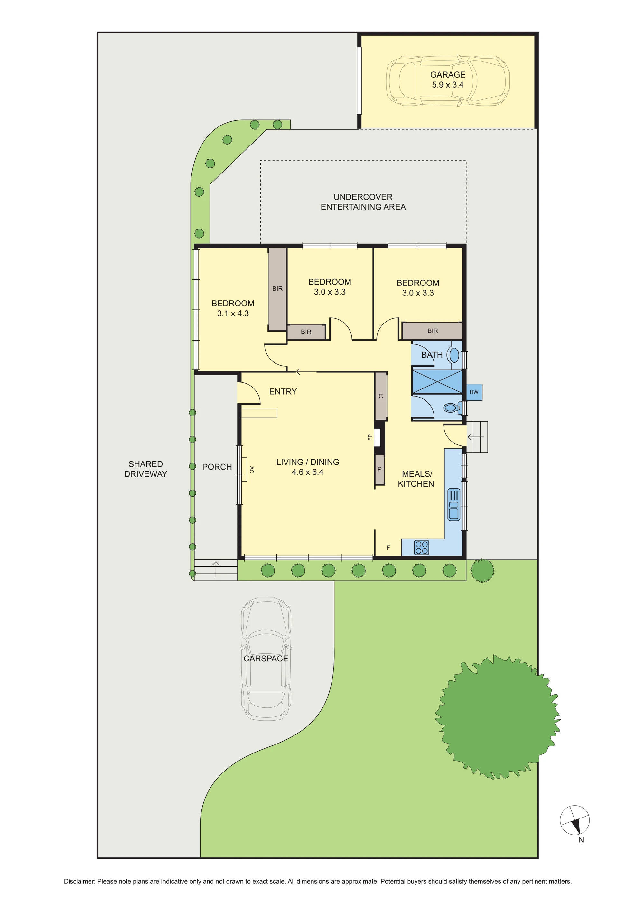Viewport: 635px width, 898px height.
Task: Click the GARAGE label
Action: click(448, 75)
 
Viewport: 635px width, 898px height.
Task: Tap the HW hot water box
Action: click(473, 392)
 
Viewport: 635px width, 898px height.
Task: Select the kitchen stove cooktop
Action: click(422, 547)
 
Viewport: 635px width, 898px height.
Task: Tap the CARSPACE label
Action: click(266, 659)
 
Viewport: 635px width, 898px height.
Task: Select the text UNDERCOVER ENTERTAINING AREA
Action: click(363, 202)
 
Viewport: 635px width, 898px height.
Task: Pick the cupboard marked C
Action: click(381, 396)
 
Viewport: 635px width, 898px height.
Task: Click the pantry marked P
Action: click(379, 469)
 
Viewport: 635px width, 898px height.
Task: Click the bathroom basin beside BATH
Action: click(454, 355)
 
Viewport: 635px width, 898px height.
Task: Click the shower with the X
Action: click(437, 382)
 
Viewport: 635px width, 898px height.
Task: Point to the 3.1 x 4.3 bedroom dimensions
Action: click(233, 313)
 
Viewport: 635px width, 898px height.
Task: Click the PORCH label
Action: click(217, 467)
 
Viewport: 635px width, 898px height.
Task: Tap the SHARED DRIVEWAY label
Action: click(146, 469)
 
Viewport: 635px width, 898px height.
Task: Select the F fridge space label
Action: click(388, 547)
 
